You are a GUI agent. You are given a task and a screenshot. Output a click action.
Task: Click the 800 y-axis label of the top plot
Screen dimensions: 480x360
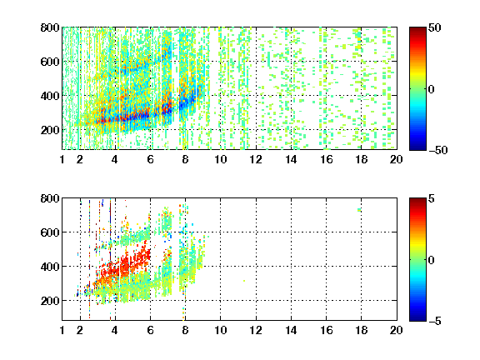[x=50, y=27]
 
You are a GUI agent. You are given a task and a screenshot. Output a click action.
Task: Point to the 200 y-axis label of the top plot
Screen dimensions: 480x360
[x=50, y=130]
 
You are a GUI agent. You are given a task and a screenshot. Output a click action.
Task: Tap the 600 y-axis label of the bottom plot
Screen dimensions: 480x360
[x=50, y=232]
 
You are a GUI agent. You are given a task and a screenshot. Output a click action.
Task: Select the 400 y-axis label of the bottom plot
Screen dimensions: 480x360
[x=50, y=267]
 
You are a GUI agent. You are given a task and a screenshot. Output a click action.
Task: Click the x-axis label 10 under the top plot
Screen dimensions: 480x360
[x=220, y=159]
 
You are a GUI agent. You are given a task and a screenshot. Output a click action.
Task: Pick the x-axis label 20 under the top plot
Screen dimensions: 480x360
[x=396, y=159]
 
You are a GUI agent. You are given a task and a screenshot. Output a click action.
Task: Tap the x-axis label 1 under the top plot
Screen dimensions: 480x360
[x=62, y=159]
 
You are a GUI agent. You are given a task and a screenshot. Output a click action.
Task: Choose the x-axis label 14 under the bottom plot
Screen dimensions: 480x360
[x=291, y=330]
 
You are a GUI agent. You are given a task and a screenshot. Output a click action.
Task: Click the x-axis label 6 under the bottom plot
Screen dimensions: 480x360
[x=150, y=330]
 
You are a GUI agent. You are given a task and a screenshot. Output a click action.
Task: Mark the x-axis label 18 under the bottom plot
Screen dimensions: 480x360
[x=361, y=330]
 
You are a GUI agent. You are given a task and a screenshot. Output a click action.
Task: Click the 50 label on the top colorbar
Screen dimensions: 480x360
[x=435, y=27]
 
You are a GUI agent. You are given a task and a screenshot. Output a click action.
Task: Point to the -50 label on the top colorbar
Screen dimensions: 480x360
[x=438, y=150]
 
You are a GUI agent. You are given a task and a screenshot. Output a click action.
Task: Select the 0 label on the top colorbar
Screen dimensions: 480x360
[x=432, y=89]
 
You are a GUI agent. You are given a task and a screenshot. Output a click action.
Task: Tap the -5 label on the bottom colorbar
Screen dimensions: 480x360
[x=435, y=321]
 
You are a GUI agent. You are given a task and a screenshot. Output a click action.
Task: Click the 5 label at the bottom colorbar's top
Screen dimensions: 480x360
[x=432, y=198]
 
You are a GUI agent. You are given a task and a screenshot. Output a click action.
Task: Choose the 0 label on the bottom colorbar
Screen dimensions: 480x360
[x=432, y=260]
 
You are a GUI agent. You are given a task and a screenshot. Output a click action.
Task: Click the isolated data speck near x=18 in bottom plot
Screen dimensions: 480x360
[x=359, y=210]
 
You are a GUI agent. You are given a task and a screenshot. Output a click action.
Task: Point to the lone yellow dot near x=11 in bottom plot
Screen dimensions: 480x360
[x=244, y=281]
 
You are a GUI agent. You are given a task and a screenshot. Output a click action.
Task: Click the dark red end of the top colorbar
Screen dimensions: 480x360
[x=417, y=29]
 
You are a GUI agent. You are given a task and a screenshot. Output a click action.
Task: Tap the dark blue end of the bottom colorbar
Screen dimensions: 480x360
[x=417, y=318]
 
